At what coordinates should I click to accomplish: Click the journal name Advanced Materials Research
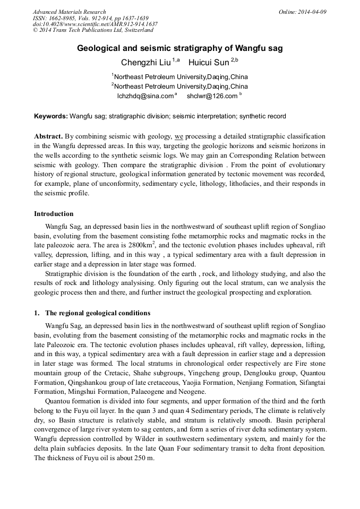[69, 12]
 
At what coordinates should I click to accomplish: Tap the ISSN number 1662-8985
[63, 18]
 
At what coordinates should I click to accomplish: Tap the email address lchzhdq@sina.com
[145, 96]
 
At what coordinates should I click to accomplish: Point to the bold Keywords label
[51, 116]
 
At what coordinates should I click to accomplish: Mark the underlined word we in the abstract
[179, 136]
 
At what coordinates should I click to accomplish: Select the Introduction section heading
[54, 214]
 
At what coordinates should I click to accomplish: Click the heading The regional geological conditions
[98, 313]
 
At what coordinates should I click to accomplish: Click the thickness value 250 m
[144, 459]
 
